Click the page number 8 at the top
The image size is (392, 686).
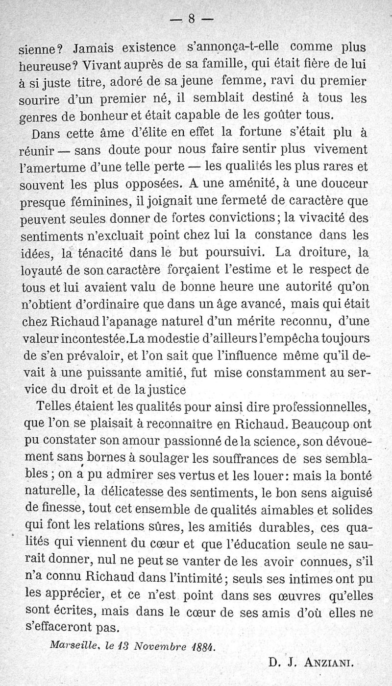(192, 19)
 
